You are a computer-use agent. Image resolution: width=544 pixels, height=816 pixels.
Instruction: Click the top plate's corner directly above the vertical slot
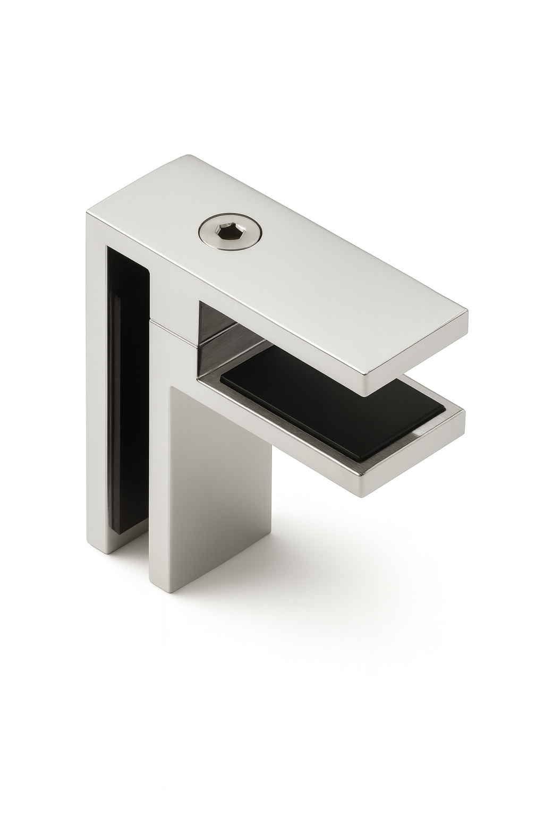[x=89, y=215]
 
